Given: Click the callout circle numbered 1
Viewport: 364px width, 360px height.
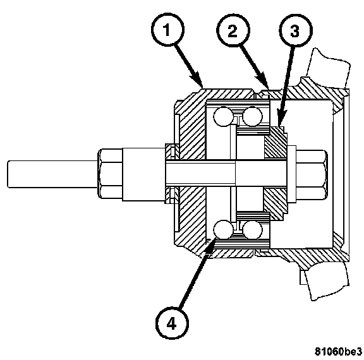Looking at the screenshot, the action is pos(167,30).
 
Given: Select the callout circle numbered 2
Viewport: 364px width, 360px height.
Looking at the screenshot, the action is pos(233,30).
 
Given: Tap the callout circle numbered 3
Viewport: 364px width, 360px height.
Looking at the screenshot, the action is pos(296,30).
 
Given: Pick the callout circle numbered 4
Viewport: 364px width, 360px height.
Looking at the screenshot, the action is pos(172,323).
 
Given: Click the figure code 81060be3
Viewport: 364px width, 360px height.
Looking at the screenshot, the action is pos(339,352).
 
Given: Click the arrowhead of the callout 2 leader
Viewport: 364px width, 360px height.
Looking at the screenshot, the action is pos(264,81).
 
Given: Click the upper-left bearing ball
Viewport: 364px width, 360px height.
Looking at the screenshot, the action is pos(223,116).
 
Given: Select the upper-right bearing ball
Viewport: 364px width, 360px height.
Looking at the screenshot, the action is pos(252,116).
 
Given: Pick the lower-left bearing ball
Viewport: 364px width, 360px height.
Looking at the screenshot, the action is pos(223,230).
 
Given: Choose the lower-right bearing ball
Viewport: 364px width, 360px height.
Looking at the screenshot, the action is pos(252,230).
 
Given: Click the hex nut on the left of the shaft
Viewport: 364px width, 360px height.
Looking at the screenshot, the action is pos(110,174).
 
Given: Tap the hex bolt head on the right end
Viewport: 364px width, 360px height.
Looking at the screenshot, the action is pos(312,174).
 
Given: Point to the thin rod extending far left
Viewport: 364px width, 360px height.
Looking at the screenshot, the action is pos(52,174).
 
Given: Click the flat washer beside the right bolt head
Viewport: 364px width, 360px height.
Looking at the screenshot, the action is pos(291,174).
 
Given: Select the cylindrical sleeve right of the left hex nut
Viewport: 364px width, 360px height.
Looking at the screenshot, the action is pos(144,174).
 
